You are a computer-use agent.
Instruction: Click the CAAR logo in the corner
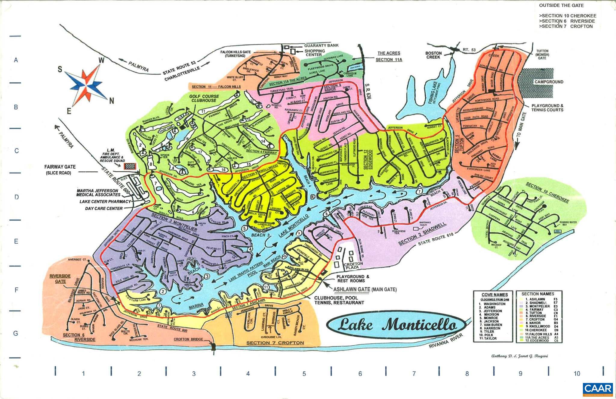598,389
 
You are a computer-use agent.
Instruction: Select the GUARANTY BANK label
321,45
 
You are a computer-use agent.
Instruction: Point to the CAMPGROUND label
549,82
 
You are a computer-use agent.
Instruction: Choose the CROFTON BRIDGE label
188,339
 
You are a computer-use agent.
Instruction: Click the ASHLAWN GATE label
352,289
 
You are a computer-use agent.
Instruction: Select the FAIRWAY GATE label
60,167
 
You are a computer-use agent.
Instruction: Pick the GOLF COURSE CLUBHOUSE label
204,98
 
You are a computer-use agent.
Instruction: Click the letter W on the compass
102,61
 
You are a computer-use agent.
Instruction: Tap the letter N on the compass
112,101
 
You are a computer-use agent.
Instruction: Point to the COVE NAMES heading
494,295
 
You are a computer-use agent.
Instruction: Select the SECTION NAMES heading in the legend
537,294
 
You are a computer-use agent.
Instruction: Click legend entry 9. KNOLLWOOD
537,326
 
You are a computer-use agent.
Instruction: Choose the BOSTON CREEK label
433,55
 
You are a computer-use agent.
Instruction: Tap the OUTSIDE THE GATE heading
561,5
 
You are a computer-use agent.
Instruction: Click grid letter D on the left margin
17,197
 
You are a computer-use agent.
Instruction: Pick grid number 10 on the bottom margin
577,374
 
